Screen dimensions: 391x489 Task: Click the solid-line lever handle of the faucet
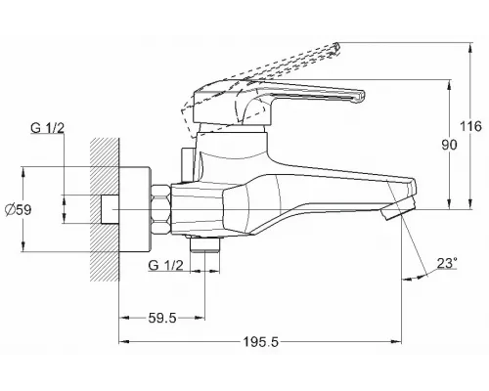293,97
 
